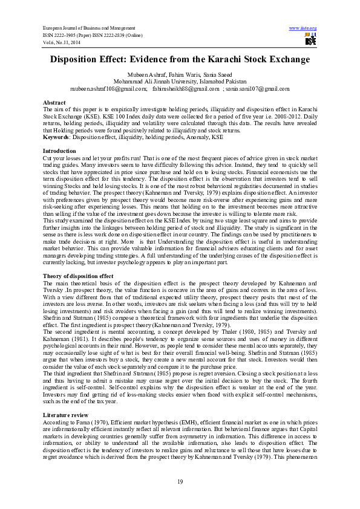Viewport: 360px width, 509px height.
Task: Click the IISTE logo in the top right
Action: point(310,39)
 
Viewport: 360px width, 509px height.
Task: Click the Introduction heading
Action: point(59,149)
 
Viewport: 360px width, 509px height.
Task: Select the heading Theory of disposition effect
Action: point(76,276)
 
